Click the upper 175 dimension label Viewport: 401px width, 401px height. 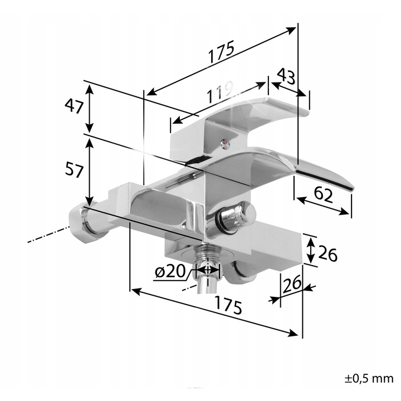[x=222, y=52]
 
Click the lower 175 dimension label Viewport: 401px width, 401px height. [x=228, y=305]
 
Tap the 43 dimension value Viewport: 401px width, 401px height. [x=286, y=76]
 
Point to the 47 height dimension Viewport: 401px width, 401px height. [x=74, y=106]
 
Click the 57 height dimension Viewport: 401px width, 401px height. [x=74, y=170]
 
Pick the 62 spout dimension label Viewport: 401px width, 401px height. [x=324, y=195]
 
